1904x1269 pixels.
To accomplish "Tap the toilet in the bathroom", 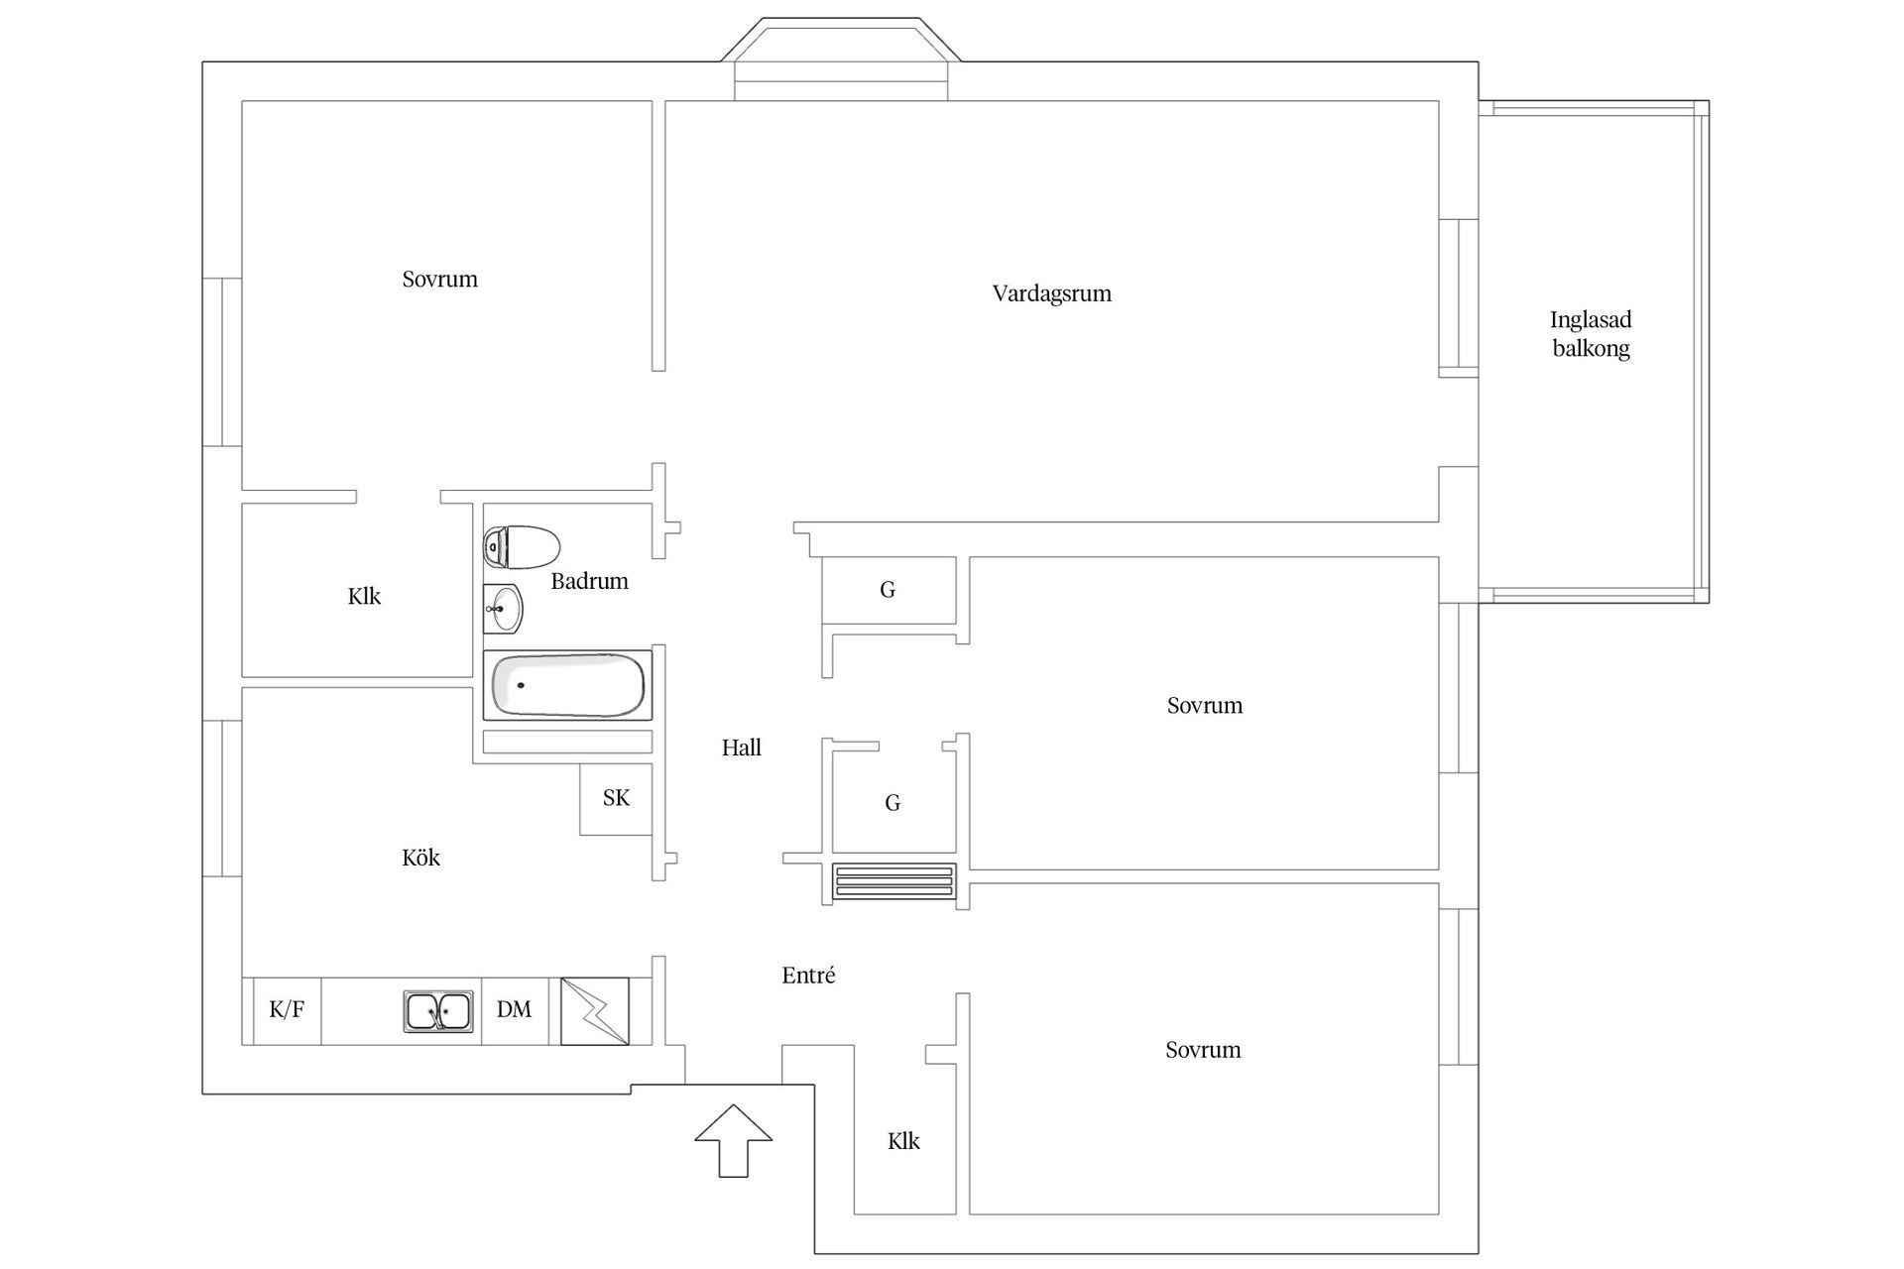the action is click(522, 546).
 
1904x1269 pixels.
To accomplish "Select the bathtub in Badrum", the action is click(567, 685).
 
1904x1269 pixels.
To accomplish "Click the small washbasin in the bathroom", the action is click(503, 608).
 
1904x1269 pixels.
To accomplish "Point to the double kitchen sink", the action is click(438, 1011).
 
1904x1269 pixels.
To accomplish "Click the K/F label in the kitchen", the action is click(287, 1009).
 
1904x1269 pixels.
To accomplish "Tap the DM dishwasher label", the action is click(514, 1009).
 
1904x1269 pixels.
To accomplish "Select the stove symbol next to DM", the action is click(595, 1011).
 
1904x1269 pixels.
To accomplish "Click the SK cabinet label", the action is click(616, 798).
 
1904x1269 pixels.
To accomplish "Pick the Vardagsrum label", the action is click(1051, 293).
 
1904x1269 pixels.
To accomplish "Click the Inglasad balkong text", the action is click(1591, 333).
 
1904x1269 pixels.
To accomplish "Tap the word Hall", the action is click(741, 748).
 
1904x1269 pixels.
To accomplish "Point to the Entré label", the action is click(808, 976).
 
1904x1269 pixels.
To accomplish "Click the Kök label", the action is click(420, 858).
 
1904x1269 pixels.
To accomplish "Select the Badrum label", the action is click(589, 581).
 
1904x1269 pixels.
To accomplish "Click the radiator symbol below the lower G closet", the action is click(894, 881).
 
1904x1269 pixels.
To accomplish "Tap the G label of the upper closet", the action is click(888, 590).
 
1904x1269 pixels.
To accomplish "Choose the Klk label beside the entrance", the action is click(903, 1141).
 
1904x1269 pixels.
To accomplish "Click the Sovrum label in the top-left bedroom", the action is click(439, 280).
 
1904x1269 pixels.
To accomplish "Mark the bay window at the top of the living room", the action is click(841, 59).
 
